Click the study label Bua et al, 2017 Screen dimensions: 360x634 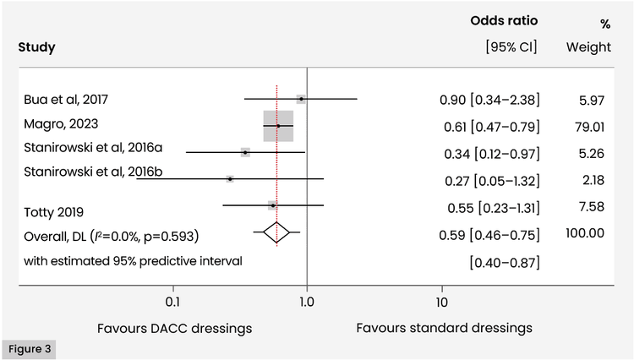point(66,100)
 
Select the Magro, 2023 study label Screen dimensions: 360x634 point(55,124)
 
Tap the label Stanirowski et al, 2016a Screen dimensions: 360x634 point(93,148)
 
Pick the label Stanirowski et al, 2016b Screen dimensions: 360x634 point(93,173)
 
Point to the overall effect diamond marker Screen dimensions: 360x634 point(276,232)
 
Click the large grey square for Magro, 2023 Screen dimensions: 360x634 point(278,126)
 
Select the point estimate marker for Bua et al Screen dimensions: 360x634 point(301,100)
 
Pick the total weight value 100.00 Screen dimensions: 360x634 point(585,232)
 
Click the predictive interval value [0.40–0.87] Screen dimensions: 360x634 point(505,263)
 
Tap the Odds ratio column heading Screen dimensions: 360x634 point(504,20)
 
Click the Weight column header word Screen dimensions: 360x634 point(588,47)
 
